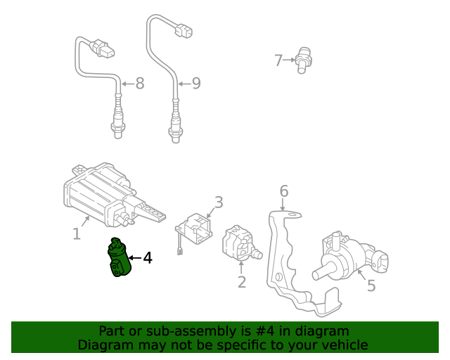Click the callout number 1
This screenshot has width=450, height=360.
76,233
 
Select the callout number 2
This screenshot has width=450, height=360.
241,283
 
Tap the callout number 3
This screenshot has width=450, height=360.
219,203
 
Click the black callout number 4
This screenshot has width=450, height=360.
147,259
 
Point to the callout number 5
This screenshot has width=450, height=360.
371,285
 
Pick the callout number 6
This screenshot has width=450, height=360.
283,191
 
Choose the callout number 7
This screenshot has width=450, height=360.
278,60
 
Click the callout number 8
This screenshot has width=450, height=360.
139,84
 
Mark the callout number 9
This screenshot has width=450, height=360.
196,84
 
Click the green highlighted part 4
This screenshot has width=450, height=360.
117,259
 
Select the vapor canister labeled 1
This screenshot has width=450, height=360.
98,190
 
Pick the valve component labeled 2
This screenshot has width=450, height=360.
238,244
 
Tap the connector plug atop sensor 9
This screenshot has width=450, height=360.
185,31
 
